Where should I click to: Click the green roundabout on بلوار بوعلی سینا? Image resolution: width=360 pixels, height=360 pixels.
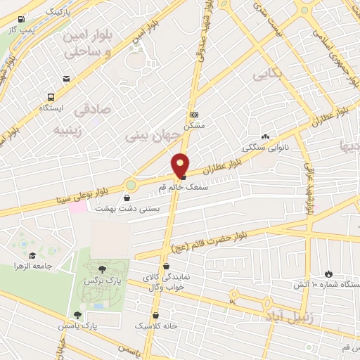(131, 186)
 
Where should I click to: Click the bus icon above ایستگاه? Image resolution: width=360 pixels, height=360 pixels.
(51, 97)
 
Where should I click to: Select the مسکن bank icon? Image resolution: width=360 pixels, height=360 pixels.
(194, 115)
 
